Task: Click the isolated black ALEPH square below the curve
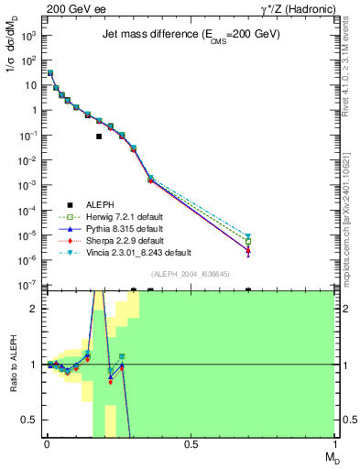pyautogui.click(x=99, y=136)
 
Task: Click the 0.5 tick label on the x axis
pyautogui.click(x=191, y=443)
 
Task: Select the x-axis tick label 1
pyautogui.click(x=334, y=443)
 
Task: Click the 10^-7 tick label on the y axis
pyautogui.click(x=28, y=286)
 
